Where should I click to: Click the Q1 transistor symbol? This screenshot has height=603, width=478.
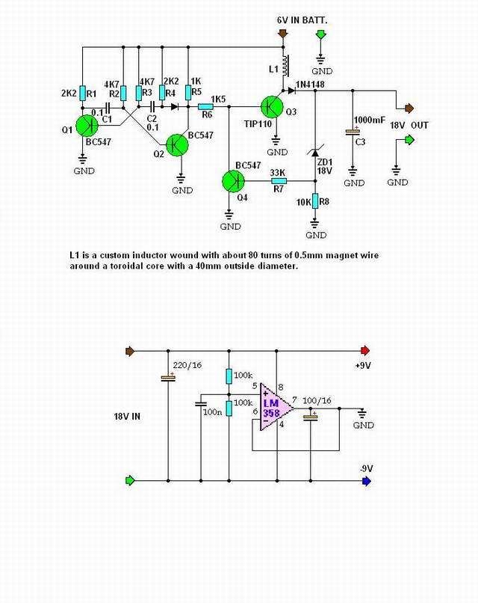88,127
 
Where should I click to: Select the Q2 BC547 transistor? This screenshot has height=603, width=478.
178,146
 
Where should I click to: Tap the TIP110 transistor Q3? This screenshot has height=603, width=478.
270,108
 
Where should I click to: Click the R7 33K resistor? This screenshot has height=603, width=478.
278,180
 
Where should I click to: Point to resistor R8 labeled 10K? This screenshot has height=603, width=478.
314,201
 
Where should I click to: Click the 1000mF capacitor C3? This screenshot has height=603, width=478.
353,132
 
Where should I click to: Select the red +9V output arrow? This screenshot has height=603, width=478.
365,350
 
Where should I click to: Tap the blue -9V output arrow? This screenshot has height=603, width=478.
365,481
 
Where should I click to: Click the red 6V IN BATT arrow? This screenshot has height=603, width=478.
282,34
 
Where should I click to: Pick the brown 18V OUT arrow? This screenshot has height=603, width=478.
409,108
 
